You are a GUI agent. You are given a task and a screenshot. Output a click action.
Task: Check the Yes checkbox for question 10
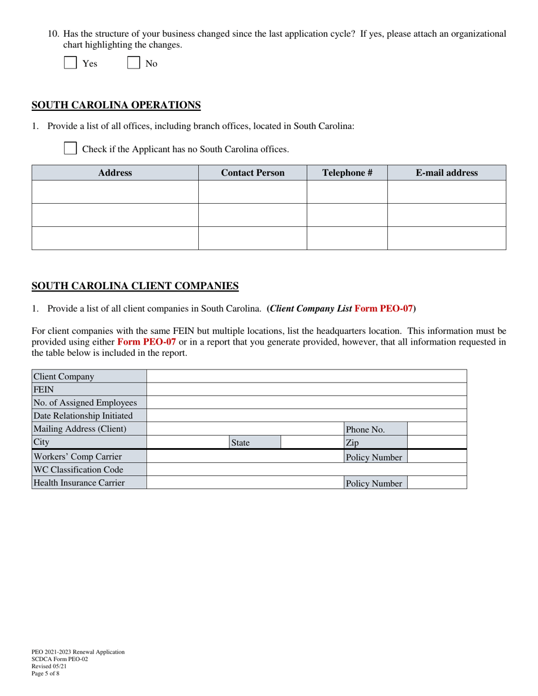[70, 63]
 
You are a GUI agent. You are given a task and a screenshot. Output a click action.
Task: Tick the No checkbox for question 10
[134, 63]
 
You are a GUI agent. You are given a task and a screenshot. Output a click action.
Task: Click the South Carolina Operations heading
[116, 105]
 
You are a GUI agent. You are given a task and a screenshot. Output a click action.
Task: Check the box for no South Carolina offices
[70, 149]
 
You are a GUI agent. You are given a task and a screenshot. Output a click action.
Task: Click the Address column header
[115, 173]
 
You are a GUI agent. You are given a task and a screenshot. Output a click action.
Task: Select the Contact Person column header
[253, 173]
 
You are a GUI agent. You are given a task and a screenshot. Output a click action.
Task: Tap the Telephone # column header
[347, 173]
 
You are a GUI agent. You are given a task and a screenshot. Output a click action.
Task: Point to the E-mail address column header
[446, 173]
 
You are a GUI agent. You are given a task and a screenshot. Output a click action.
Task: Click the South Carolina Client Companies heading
[135, 286]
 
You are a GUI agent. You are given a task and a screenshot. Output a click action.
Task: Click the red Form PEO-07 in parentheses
[383, 309]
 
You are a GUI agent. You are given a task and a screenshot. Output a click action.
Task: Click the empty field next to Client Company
[306, 376]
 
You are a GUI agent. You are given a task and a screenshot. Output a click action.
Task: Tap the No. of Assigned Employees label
[86, 403]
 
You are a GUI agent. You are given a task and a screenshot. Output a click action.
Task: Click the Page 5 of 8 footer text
[46, 673]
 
